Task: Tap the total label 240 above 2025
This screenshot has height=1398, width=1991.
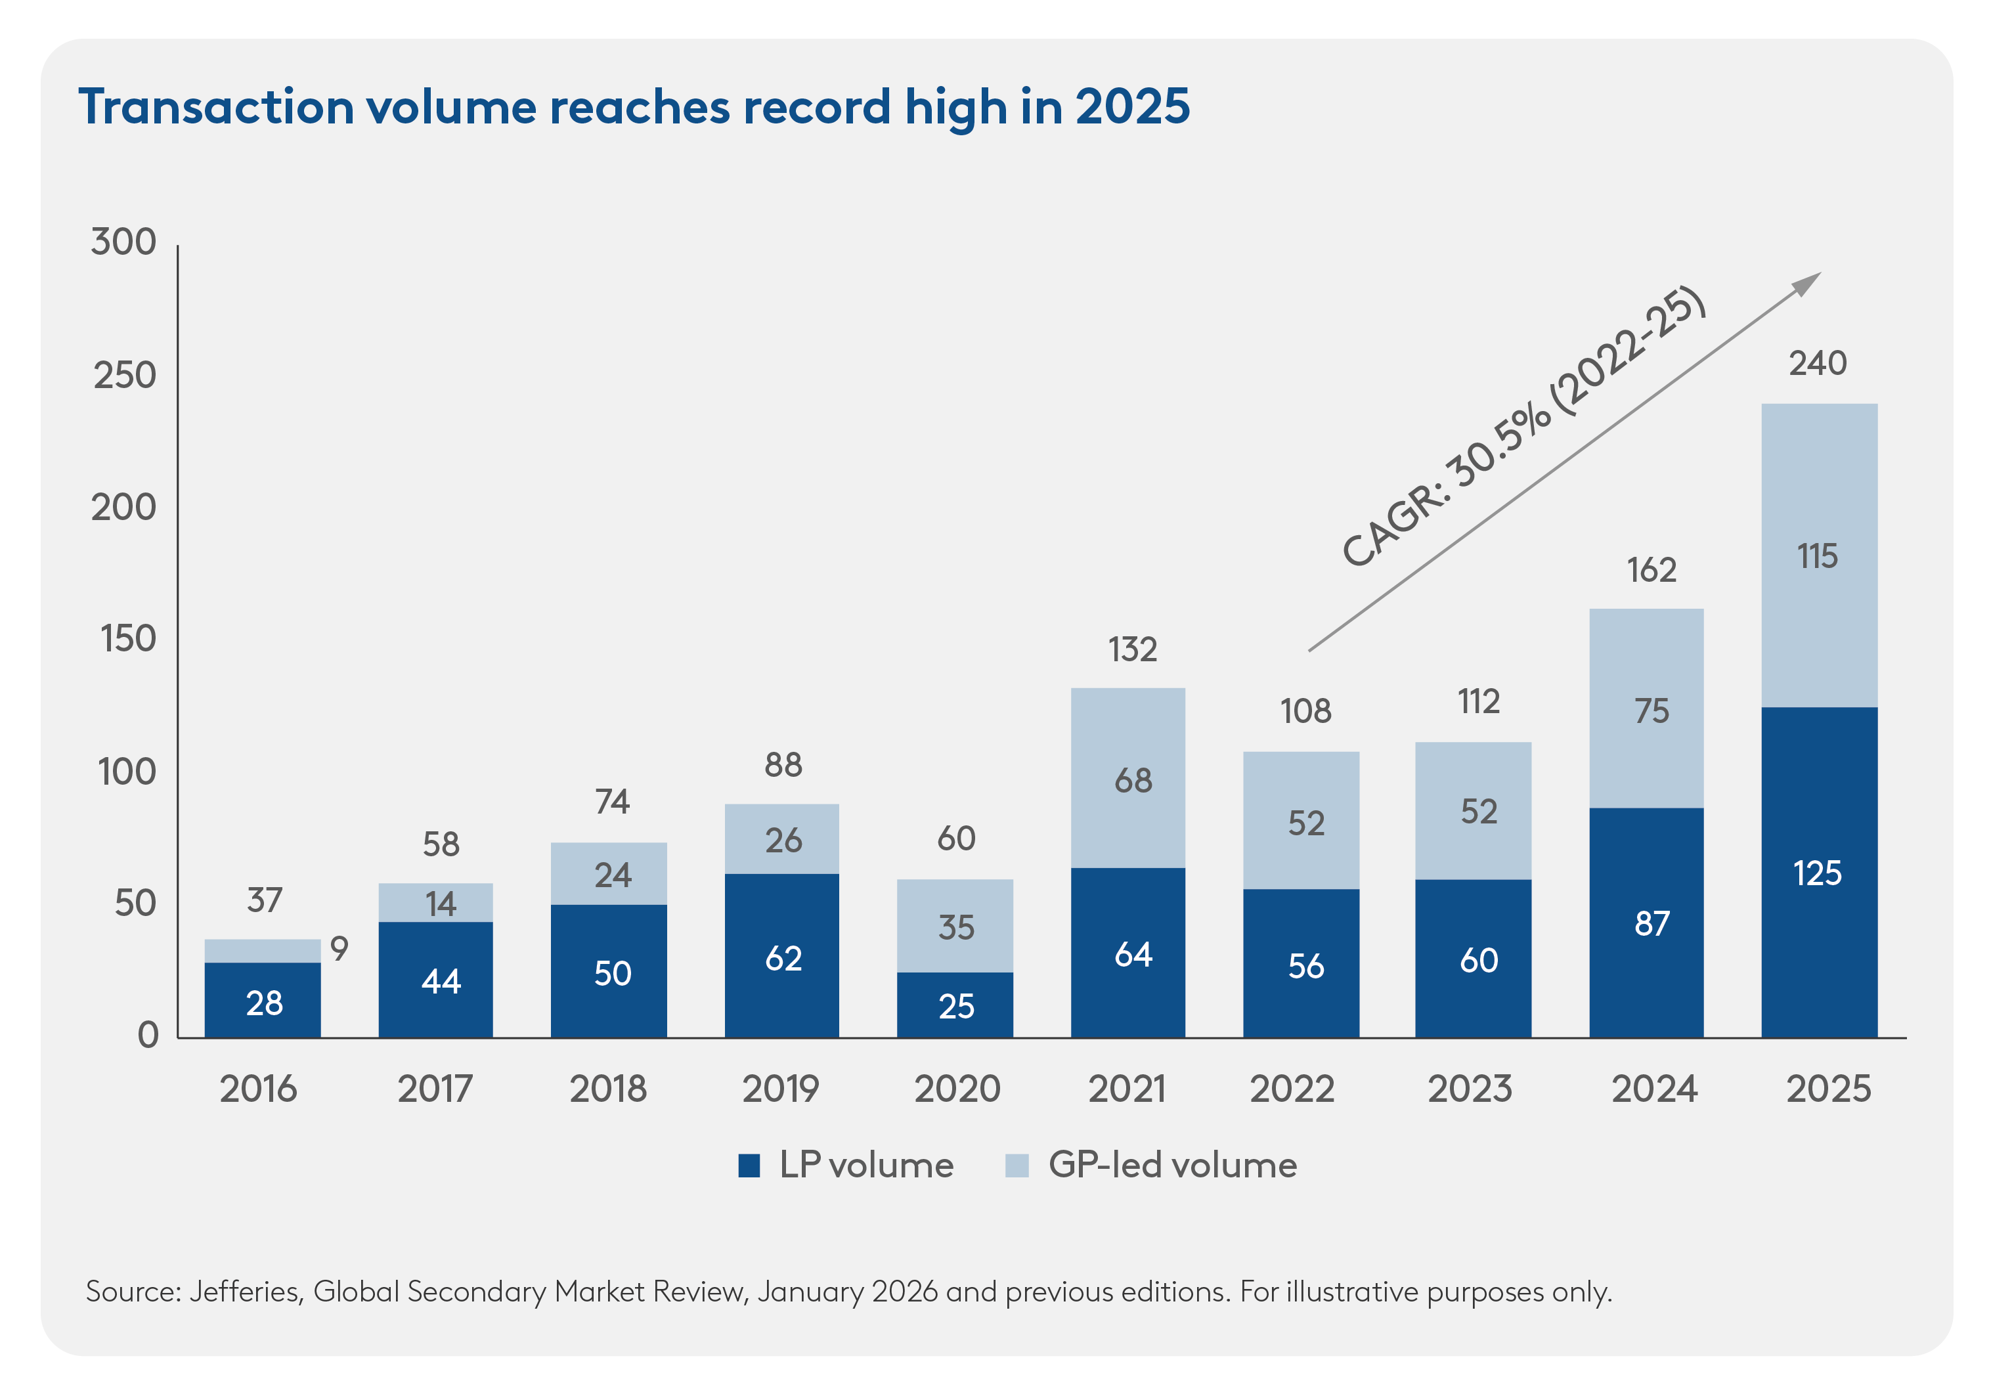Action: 1818,362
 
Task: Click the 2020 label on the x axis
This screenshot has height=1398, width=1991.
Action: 957,1089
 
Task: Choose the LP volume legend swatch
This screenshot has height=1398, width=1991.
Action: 749,1166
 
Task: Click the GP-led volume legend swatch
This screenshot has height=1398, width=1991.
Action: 1017,1166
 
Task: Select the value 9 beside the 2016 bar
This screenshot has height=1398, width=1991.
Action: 339,948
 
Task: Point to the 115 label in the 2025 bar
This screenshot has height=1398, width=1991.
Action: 1817,556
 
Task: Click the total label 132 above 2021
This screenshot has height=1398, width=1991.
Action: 1131,649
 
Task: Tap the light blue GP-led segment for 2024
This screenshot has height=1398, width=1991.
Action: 1646,708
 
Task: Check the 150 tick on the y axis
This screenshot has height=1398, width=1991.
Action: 128,638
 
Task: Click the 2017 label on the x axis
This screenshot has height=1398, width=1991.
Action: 435,1089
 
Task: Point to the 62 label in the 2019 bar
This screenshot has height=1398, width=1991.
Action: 783,958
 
